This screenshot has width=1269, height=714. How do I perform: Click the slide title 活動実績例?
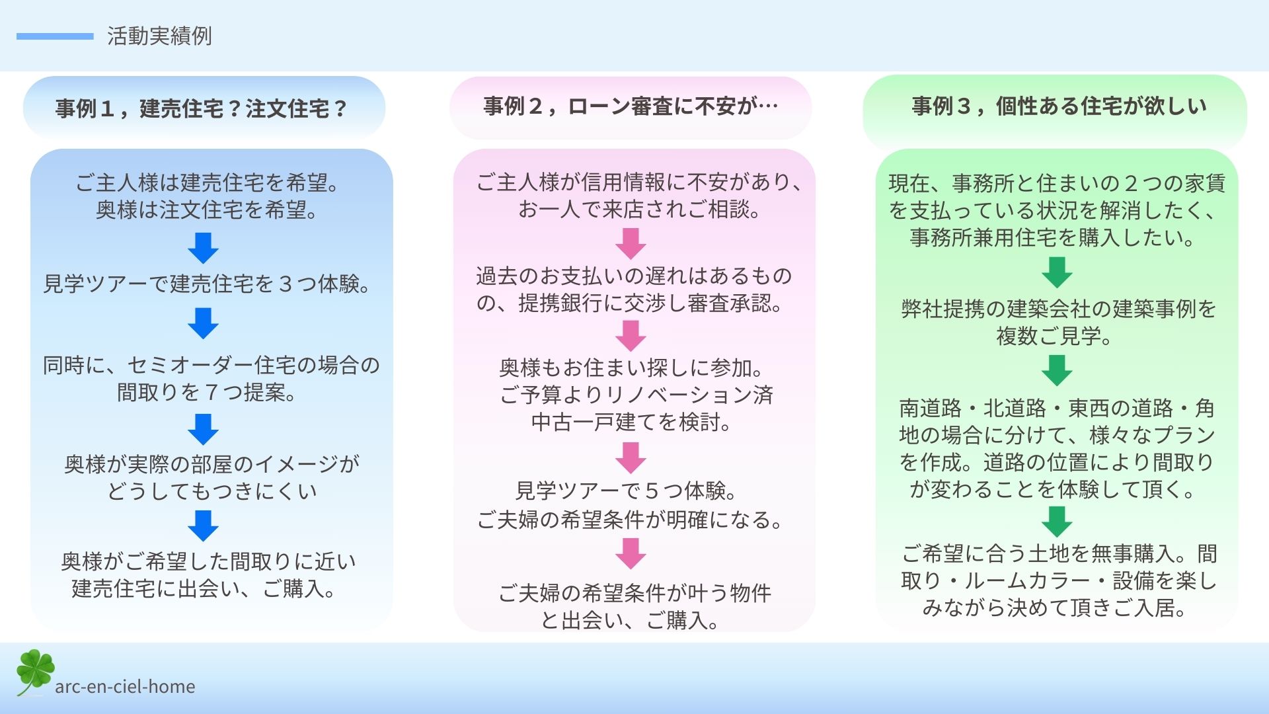pyautogui.click(x=159, y=36)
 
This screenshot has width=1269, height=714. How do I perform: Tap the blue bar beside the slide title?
pyautogui.click(x=55, y=36)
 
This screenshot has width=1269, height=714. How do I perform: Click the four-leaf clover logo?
pyautogui.click(x=35, y=672)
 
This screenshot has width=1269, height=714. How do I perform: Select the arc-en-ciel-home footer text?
pyautogui.click(x=125, y=687)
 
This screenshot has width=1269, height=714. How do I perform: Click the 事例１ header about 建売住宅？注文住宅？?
pyautogui.click(x=202, y=108)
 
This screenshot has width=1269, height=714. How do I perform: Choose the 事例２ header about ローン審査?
pyautogui.click(x=631, y=106)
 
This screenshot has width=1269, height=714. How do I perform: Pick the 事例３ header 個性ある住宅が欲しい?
pyautogui.click(x=1059, y=106)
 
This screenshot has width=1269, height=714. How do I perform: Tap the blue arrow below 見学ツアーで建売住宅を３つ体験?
pyautogui.click(x=203, y=323)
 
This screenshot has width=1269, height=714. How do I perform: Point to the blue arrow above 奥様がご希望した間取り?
pyautogui.click(x=203, y=526)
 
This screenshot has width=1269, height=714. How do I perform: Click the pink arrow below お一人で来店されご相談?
pyautogui.click(x=631, y=243)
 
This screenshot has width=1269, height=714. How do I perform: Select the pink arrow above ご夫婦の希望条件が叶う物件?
pyautogui.click(x=631, y=553)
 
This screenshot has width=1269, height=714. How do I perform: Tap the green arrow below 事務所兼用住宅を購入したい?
pyautogui.click(x=1057, y=272)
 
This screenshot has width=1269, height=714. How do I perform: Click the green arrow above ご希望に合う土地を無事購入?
pyautogui.click(x=1057, y=522)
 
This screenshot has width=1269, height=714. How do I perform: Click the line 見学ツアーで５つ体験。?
pyautogui.click(x=627, y=491)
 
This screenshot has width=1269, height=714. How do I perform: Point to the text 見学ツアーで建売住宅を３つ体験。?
pyautogui.click(x=208, y=284)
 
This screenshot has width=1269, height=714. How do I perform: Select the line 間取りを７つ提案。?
pyautogui.click(x=208, y=392)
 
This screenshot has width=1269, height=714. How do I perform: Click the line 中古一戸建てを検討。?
pyautogui.click(x=633, y=422)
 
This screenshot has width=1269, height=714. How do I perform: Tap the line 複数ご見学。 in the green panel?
pyautogui.click(x=1056, y=336)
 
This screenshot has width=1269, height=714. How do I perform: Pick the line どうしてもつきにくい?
pyautogui.click(x=212, y=491)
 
